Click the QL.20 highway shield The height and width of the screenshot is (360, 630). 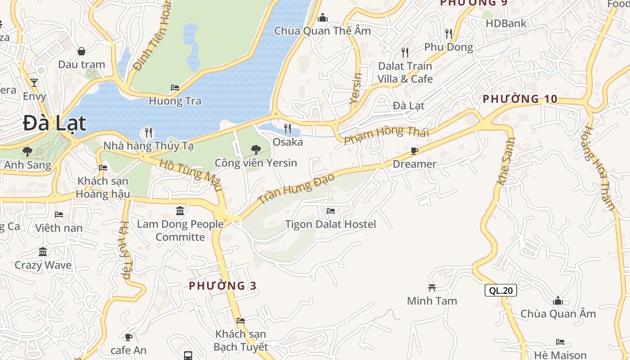pyautogui.click(x=500, y=291)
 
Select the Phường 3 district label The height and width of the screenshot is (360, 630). pyautogui.click(x=222, y=286)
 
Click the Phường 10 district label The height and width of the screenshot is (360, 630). pyautogui.click(x=520, y=99)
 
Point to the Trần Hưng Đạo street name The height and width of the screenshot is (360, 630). pyautogui.click(x=297, y=188)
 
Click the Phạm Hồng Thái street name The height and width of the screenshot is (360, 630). pyautogui.click(x=386, y=135)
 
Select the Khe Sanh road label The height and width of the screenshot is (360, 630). pyautogui.click(x=506, y=161)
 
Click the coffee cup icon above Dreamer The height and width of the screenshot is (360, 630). pyautogui.click(x=414, y=151)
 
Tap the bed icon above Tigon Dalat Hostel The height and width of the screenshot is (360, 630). pyautogui.click(x=331, y=211)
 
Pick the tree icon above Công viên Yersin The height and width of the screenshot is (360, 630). pyautogui.click(x=256, y=149)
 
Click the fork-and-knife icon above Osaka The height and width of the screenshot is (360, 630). pyautogui.click(x=288, y=129)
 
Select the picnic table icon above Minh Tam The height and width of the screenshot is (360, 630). pyautogui.click(x=432, y=288)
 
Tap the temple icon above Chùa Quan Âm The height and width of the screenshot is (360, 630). pyautogui.click(x=558, y=301)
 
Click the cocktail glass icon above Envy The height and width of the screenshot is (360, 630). pyautogui.click(x=34, y=83)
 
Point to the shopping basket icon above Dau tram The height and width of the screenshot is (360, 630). pyautogui.click(x=81, y=51)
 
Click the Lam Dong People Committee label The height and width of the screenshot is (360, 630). pyautogui.click(x=180, y=230)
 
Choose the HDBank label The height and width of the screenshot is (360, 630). pyautogui.click(x=506, y=23)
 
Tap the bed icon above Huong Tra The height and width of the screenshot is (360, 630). pyautogui.click(x=175, y=88)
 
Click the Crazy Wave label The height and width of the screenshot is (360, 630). pyautogui.click(x=43, y=265)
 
